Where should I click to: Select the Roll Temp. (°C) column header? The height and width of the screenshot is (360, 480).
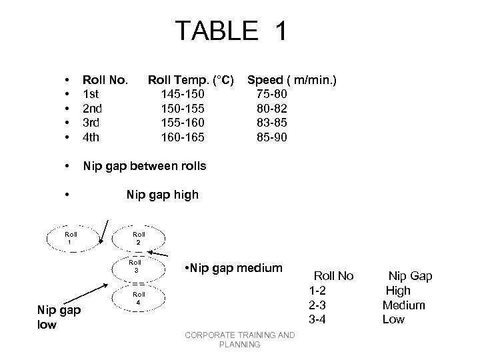(191, 81)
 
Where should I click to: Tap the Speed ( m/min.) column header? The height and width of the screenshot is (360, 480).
(292, 81)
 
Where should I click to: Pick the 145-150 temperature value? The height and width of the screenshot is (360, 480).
(179, 95)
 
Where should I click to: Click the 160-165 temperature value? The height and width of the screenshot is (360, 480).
(179, 137)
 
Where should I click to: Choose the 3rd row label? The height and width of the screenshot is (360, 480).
(91, 123)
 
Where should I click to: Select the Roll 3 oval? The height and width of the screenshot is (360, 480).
(135, 267)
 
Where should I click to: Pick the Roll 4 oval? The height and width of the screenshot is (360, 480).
(139, 298)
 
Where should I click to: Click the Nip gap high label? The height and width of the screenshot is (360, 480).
(162, 195)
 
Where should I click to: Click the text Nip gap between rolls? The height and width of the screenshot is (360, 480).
(143, 166)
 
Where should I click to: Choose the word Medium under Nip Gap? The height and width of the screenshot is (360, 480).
(403, 305)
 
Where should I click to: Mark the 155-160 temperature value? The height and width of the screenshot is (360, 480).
(179, 123)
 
